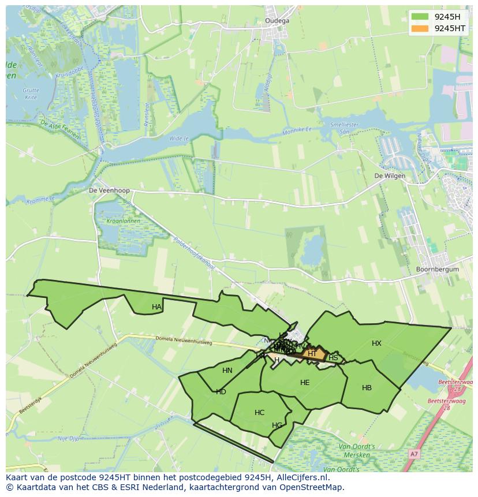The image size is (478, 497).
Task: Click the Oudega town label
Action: pos(277,21)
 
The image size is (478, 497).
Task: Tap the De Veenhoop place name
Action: pos(109,190)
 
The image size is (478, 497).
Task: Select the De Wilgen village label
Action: pos(390,176)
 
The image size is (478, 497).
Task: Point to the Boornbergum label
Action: pos(437,269)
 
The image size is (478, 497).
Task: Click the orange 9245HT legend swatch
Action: pos(420,28)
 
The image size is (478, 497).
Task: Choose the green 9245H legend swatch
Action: pos(420,16)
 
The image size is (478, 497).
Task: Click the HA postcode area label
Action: pos(156,307)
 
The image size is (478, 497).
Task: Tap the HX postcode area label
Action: pos(376,343)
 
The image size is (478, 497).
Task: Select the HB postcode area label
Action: pos(367,388)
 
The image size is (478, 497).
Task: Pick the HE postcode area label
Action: pos(305,383)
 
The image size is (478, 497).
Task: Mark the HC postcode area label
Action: pos(259,413)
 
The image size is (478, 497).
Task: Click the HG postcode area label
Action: pos(277,425)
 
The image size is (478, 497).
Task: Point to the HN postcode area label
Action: pos(227,371)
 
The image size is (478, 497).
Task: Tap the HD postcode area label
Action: pos(221,392)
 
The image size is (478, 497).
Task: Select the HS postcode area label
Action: pos(333,358)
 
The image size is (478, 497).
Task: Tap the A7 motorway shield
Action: pos(413,455)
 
